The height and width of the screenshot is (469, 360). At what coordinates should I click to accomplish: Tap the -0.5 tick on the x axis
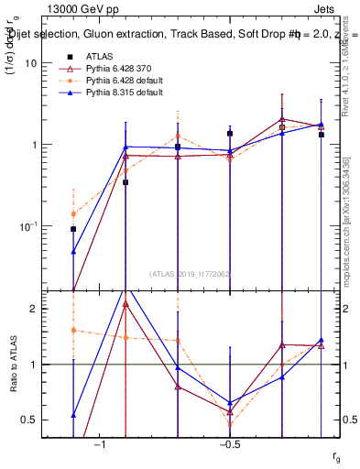pos(229,444)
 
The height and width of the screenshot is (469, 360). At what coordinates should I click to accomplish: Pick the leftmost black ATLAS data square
pos(73,229)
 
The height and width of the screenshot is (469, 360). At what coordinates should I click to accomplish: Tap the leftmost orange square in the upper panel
pos(73,213)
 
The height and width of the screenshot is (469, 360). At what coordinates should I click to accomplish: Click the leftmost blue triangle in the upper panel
pos(73,251)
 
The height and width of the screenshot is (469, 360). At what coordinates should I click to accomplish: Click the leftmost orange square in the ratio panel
pos(73,330)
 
